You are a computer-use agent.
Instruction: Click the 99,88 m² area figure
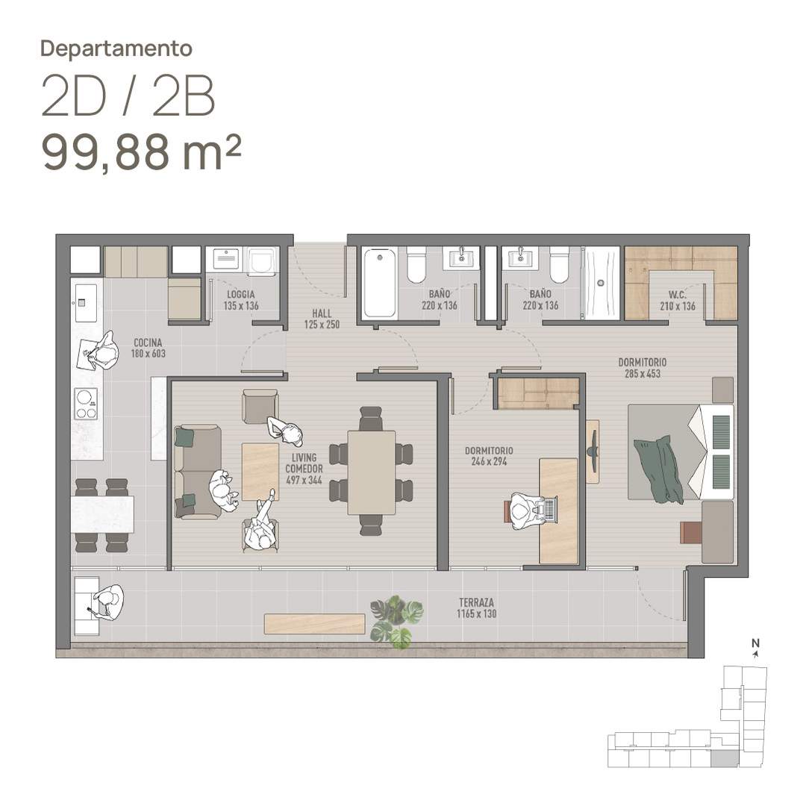pos(141,152)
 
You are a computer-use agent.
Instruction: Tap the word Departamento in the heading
pos(116,49)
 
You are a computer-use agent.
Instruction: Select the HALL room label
pos(322,319)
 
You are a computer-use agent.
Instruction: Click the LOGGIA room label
pos(241,300)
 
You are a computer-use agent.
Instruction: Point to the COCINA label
pos(148,348)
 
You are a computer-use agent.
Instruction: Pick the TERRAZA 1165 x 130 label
pos(476,607)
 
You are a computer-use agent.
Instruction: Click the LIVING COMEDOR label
pos(304,469)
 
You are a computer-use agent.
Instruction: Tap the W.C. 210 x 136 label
pos(678,301)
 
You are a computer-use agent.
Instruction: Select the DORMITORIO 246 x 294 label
pos(489,456)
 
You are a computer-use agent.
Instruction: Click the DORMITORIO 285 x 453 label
pos(643,367)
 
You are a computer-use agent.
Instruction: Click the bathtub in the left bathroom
pos(379,284)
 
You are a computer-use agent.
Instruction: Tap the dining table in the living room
pos(372,472)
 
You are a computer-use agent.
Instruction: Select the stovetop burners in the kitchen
pos(86,404)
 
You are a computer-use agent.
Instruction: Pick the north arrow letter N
pos(755,643)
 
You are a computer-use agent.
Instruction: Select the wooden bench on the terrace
pos(315,623)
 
